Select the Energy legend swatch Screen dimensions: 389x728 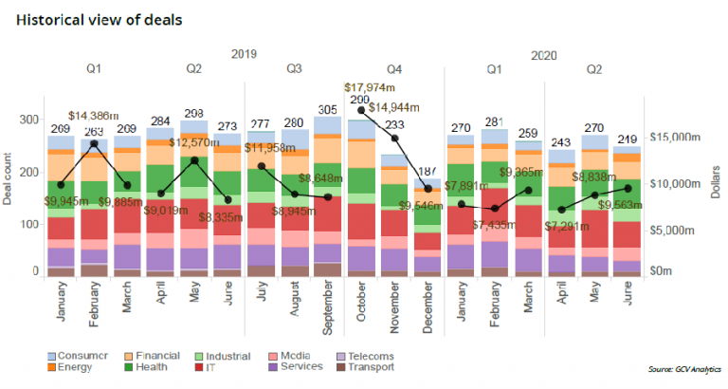(x=52, y=369)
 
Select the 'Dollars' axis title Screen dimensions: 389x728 (x=716, y=179)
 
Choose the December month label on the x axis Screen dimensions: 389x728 (x=428, y=308)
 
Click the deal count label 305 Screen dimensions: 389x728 (x=327, y=108)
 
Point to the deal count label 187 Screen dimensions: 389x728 (x=428, y=171)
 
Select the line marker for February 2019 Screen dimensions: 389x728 (x=94, y=144)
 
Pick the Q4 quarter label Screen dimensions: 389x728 (x=394, y=68)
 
